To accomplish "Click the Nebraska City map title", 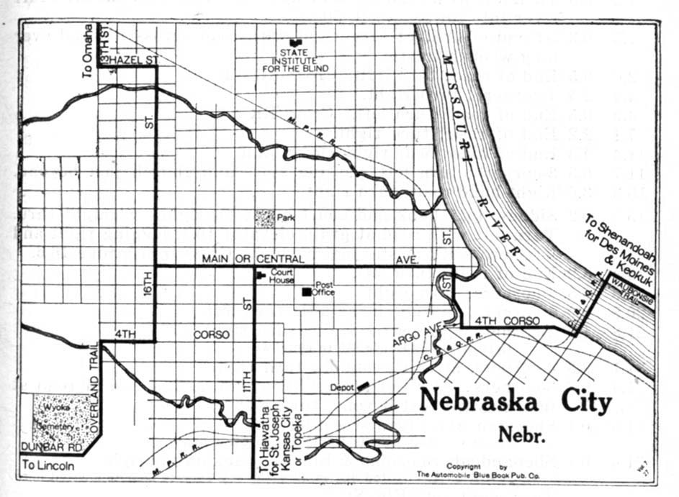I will point(515,401).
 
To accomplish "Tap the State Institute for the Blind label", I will point(305,60).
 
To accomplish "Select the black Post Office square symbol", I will point(307,292).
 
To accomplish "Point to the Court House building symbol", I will point(261,274).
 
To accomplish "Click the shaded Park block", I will point(265,216).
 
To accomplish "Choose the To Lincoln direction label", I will point(48,465).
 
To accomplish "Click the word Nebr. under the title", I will point(516,434).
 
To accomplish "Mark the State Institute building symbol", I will point(294,42).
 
